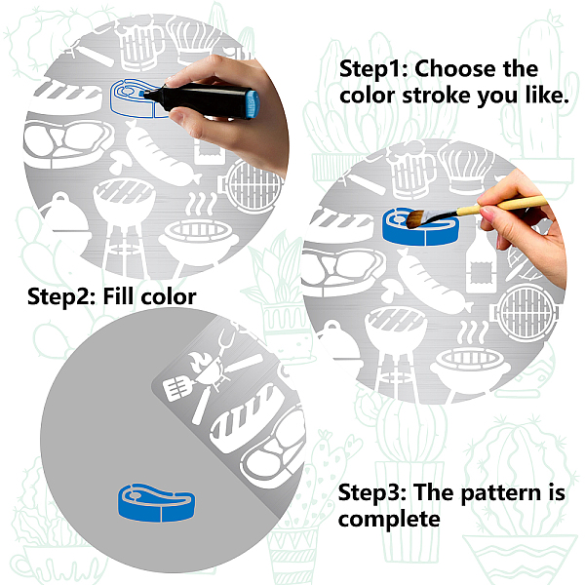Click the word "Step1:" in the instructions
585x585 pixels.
[x=373, y=69]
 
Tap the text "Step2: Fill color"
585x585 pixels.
[x=112, y=296]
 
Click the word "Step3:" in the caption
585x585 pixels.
[x=372, y=492]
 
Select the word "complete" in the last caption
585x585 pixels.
[x=389, y=520]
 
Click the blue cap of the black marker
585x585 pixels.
[x=253, y=103]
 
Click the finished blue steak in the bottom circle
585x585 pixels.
[x=156, y=503]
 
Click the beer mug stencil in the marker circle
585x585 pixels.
[x=138, y=45]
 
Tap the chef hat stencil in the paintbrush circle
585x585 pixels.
[x=466, y=168]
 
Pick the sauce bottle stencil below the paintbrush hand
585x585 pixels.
[x=482, y=261]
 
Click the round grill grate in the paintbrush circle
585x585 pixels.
[x=526, y=313]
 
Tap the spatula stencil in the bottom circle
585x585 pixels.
[x=178, y=388]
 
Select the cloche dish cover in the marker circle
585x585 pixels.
[x=65, y=220]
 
